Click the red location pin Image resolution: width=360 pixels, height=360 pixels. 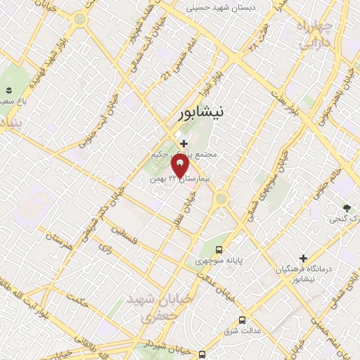pos(180,167)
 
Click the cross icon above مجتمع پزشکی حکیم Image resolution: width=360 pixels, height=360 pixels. pos(184,143)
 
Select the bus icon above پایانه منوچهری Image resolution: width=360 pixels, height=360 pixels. pos(219,250)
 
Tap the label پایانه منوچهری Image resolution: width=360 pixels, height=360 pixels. pos(219,262)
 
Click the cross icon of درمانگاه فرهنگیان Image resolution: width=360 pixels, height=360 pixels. pos(303,258)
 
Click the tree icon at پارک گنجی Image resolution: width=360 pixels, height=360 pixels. pos(347,207)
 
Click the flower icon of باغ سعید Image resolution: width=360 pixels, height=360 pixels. pos(9,90)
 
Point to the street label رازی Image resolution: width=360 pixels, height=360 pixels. pos(106,248)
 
